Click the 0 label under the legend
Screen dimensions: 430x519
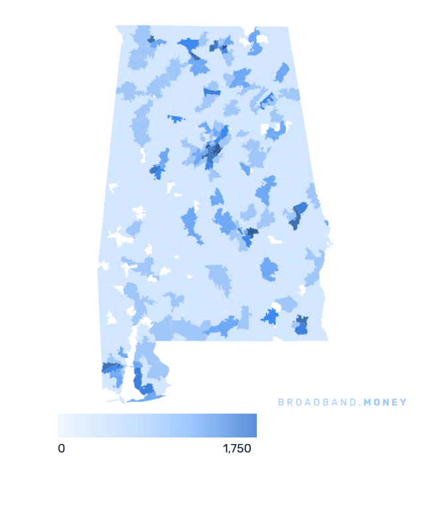coord(61,449)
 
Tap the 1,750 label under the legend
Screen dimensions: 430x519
coord(237,449)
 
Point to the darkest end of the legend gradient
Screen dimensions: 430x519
coord(254,426)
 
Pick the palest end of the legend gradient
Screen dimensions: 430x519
coord(60,426)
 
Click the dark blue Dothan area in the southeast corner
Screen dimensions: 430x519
coord(301,325)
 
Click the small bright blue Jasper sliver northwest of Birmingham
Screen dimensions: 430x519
coord(176,119)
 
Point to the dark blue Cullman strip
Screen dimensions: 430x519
coord(212,91)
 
